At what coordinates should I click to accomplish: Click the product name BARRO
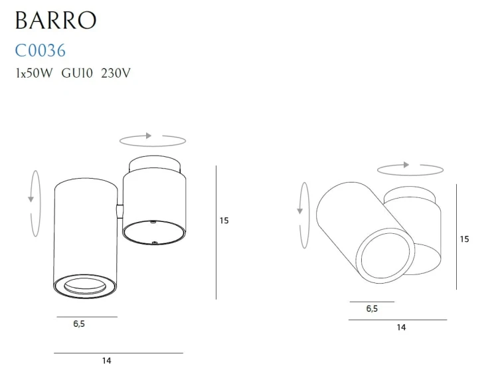click(x=55, y=20)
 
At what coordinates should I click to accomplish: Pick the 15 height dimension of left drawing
click(x=224, y=221)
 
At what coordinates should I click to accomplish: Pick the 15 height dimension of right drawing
click(x=464, y=239)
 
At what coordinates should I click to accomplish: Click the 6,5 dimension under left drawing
click(x=78, y=324)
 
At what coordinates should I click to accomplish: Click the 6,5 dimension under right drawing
click(x=372, y=309)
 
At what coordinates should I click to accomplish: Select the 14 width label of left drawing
click(x=106, y=361)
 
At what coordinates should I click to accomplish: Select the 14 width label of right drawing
click(x=401, y=327)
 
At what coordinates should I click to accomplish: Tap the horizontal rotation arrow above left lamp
click(x=152, y=140)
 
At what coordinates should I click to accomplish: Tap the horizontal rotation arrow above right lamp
click(x=410, y=169)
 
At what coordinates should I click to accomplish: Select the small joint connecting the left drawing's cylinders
click(x=119, y=211)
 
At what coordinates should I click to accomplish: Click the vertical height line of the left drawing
click(x=216, y=233)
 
